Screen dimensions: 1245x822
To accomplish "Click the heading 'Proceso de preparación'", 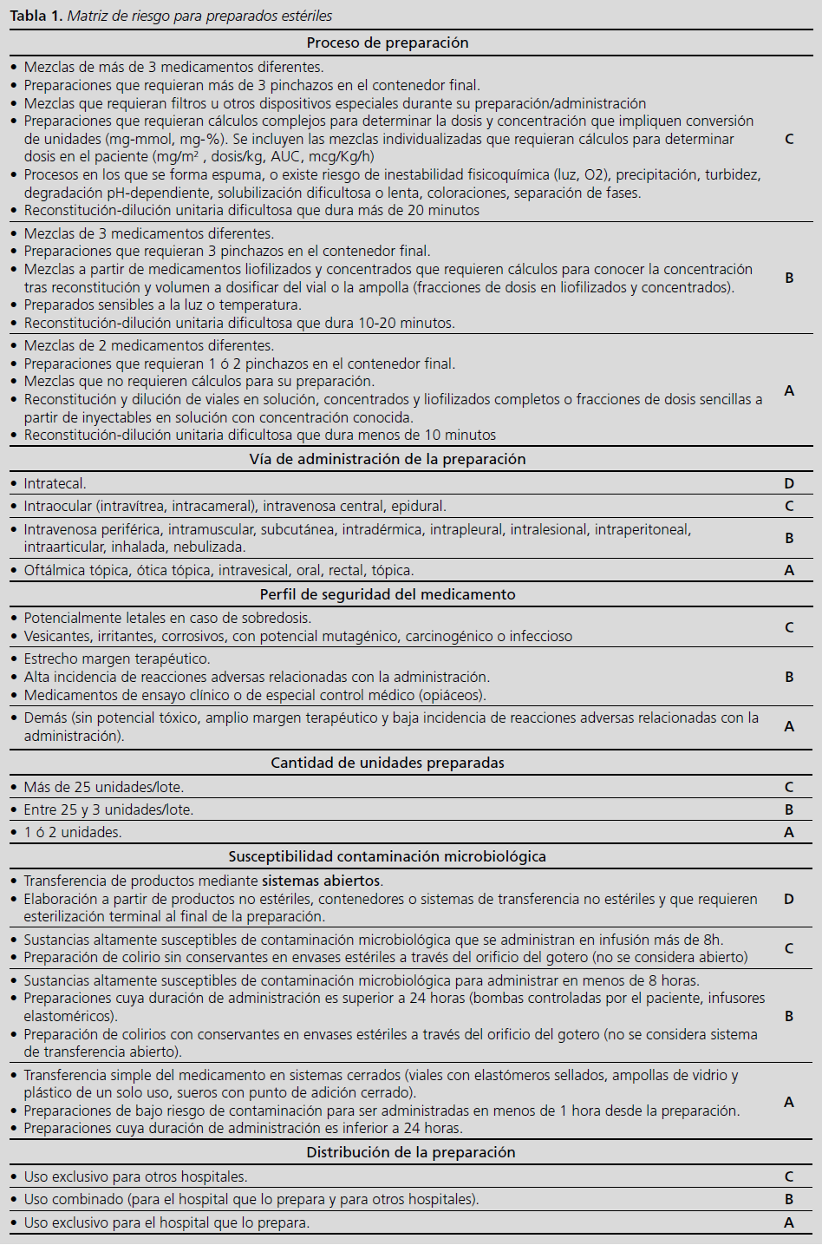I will pos(388,43).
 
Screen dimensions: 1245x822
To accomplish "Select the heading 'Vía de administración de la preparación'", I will pos(388,459).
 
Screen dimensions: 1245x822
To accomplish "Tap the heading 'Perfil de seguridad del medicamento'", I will pos(388,594).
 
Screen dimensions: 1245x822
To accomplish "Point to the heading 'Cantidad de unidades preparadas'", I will pos(388,763).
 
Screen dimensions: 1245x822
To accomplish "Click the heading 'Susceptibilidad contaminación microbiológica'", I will pos(388,856).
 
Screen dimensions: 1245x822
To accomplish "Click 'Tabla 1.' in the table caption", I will pos(36,16).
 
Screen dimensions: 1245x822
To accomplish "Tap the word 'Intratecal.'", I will pos(55,483).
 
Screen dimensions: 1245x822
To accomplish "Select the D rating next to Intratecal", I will pos(789,483).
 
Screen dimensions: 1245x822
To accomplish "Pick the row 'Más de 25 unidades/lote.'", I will pos(104,787).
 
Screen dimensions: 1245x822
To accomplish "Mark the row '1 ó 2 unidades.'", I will pos(73,832).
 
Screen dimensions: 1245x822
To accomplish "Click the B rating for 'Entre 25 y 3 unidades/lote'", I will pos(789,809).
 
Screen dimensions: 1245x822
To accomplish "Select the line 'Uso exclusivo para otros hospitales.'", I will pos(135,1176).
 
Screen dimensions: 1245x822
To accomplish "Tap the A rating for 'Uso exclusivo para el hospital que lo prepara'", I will pos(789,1222).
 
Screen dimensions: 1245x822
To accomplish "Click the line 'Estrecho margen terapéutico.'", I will pos(117,659).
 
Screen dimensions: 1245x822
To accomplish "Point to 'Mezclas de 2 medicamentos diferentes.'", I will pos(149,345).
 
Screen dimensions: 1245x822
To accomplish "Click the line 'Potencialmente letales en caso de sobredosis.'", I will pos(167,618).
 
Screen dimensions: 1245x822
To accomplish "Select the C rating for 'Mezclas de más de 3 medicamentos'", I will pos(789,139).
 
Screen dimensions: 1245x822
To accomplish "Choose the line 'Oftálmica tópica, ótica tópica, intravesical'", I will pos(219,570).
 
